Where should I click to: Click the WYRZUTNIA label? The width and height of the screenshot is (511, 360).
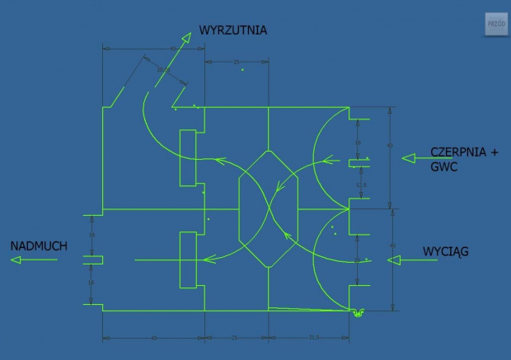(x=233, y=31)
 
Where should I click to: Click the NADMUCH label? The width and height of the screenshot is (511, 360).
(x=39, y=246)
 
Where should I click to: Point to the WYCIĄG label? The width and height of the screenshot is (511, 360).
(x=445, y=251)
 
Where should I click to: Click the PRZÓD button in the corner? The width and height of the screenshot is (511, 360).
(x=496, y=25)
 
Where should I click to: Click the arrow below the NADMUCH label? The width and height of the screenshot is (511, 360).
(x=34, y=260)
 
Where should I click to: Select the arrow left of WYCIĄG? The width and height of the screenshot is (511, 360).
(x=406, y=260)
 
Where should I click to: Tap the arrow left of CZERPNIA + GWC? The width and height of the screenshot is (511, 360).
(x=415, y=160)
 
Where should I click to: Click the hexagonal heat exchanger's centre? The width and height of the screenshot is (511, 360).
(x=269, y=209)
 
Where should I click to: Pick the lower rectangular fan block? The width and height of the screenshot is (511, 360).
(x=188, y=259)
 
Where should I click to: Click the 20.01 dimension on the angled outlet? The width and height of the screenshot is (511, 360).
(x=162, y=71)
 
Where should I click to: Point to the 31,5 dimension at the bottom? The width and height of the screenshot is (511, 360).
(x=314, y=338)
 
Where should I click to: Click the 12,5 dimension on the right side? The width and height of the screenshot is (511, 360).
(x=360, y=185)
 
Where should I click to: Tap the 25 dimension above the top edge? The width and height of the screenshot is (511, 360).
(x=237, y=62)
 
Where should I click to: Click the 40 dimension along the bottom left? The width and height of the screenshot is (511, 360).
(x=153, y=338)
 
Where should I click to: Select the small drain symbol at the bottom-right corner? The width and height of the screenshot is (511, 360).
(x=358, y=312)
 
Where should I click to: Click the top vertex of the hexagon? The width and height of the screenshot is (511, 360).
(x=269, y=152)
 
